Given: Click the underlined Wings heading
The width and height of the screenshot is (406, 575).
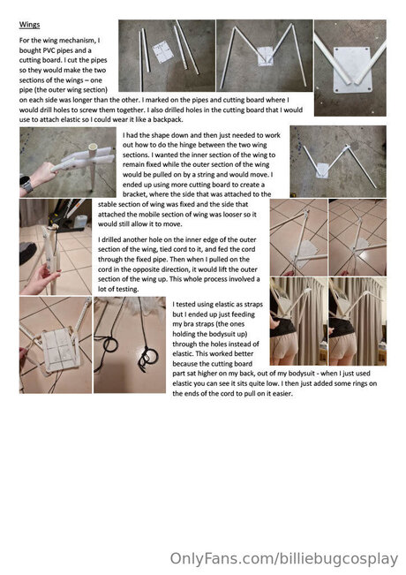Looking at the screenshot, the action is click(29, 25).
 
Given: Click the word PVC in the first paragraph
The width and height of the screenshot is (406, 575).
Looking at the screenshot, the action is click(49, 50).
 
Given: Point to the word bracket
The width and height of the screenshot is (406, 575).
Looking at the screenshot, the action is click(134, 194).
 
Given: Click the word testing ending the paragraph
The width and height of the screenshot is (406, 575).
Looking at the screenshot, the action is click(128, 289).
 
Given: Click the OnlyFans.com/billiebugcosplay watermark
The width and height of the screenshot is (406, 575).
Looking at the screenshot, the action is click(283, 559).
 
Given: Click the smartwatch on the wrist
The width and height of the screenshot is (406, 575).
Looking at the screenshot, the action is click(26, 185).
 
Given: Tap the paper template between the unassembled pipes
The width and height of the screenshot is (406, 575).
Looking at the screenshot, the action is click(162, 52).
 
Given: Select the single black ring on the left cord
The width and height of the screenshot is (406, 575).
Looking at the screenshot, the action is click(110, 344).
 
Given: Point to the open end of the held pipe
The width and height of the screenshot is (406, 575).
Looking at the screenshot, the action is click(93, 148).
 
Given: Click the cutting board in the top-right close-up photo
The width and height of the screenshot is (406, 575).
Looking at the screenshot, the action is click(352, 70).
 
